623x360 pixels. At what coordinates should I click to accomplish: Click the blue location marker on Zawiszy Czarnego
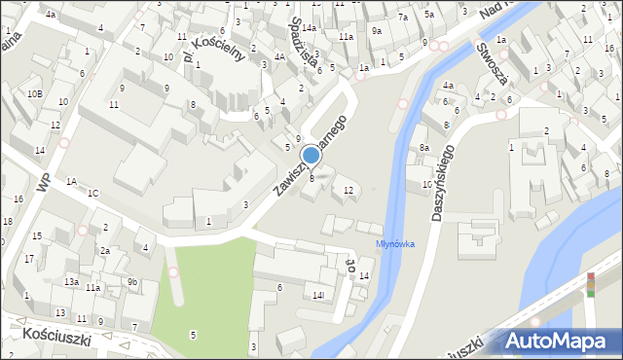311,155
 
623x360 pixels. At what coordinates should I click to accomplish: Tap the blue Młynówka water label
395,243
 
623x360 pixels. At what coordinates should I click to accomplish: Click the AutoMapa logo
560,341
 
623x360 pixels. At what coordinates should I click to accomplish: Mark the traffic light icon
590,283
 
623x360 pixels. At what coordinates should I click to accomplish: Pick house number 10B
34,93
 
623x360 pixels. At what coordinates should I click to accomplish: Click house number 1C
92,193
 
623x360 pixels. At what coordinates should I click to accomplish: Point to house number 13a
71,281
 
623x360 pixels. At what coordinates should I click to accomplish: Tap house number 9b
132,282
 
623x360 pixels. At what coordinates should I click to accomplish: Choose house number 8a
424,147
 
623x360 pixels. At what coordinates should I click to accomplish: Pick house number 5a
429,15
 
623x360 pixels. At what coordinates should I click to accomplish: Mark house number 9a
377,31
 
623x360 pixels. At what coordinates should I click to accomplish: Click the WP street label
44,182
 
